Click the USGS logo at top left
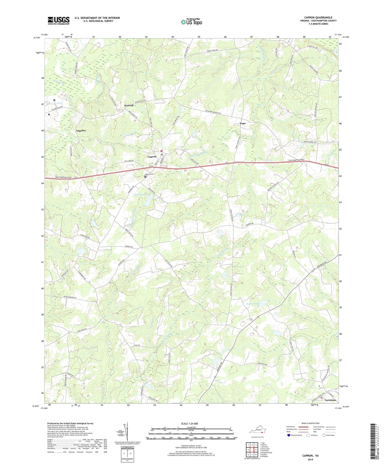[59, 21]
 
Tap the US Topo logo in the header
[191, 22]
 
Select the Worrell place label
[129, 105]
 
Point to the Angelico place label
[81, 131]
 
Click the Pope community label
[242, 124]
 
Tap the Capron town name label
[152, 157]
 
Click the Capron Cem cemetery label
[149, 174]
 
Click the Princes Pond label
[252, 304]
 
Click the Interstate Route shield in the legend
[289, 435]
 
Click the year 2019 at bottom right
[310, 460]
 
